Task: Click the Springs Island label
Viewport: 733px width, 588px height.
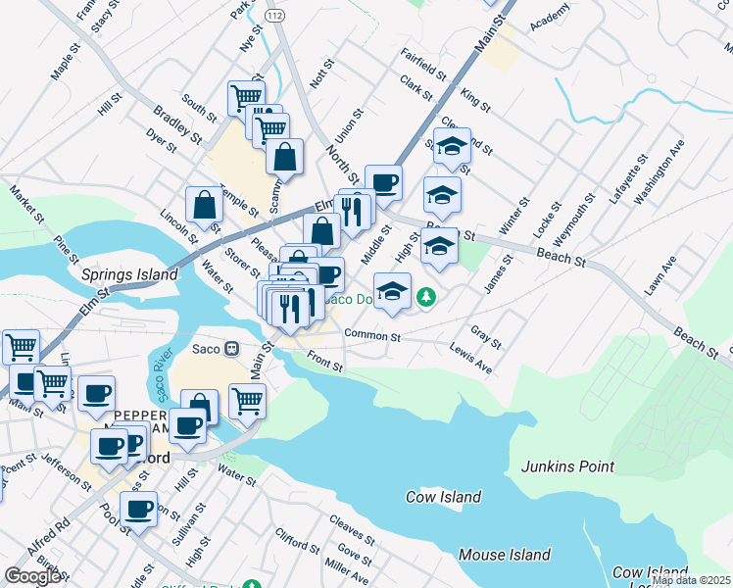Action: coord(129,275)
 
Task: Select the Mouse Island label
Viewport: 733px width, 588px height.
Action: coord(505,555)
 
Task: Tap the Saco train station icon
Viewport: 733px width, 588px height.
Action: coord(232,348)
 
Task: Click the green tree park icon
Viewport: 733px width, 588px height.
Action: coord(425,296)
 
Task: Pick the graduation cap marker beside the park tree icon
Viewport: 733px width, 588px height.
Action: coord(393,291)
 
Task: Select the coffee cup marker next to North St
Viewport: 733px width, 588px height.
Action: coord(383,181)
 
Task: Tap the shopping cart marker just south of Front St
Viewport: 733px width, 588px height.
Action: coord(247,399)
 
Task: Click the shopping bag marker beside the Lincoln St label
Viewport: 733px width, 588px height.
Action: coord(206,206)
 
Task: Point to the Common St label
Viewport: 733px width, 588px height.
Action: coord(372,336)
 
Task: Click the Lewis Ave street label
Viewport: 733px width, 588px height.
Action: coord(471,365)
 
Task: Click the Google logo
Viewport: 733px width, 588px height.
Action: coord(33,576)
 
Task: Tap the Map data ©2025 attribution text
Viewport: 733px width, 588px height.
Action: coord(690,580)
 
